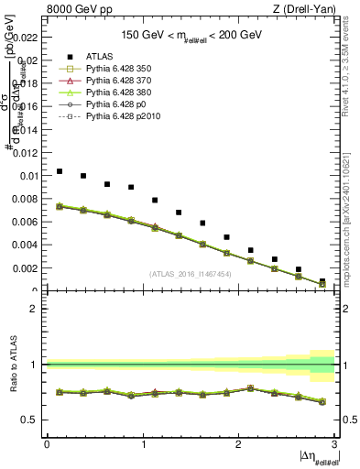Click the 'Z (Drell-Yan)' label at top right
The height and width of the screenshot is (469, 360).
[x=304, y=9]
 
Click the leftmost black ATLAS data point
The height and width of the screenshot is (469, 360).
[x=60, y=171]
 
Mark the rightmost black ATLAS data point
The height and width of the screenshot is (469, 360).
[x=322, y=281]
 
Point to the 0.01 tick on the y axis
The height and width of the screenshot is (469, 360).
[x=27, y=175]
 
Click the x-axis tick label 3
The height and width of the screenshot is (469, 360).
[x=334, y=444]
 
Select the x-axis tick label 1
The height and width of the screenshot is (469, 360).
[x=143, y=444]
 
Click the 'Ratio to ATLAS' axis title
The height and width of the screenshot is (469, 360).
[x=12, y=364]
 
